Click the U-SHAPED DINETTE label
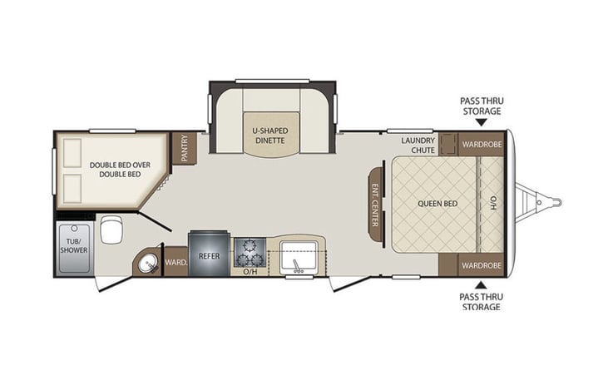tap(270, 136)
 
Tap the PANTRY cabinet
tap(185, 148)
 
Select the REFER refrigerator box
tap(209, 255)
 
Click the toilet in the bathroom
tap(111, 230)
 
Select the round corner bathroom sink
tap(147, 264)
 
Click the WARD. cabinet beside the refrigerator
tap(175, 263)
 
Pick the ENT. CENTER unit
tap(376, 204)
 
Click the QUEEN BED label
tap(433, 202)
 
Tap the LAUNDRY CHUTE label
tap(418, 145)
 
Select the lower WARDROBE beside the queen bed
tap(481, 265)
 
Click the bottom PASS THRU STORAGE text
tap(481, 301)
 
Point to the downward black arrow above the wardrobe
tap(481, 121)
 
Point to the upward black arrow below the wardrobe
tap(481, 284)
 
